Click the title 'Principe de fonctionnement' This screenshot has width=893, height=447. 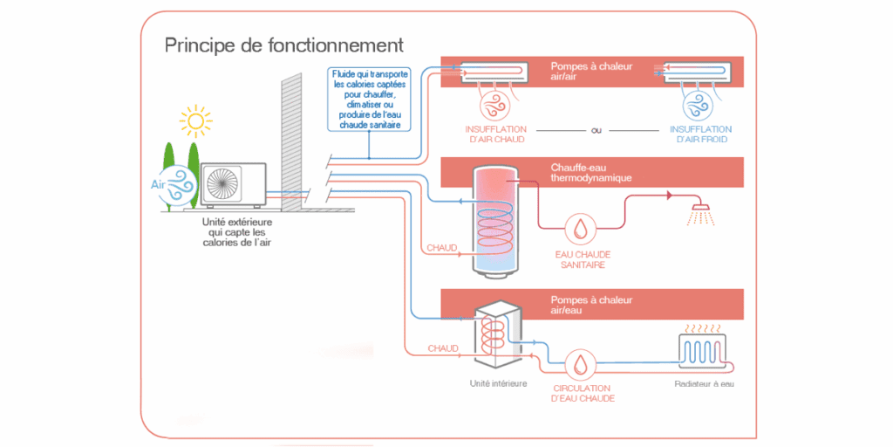coord(283,45)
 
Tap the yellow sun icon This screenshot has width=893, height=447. coord(194,122)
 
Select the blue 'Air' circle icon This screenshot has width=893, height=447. coord(180,184)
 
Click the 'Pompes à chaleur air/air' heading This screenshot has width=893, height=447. coord(591,72)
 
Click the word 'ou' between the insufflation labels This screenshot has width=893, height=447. coord(596,130)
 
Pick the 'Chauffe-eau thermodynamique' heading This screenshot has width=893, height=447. coord(591,173)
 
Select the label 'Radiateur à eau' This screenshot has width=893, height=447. coord(704,383)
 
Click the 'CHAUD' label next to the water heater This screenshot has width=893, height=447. coord(442,248)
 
